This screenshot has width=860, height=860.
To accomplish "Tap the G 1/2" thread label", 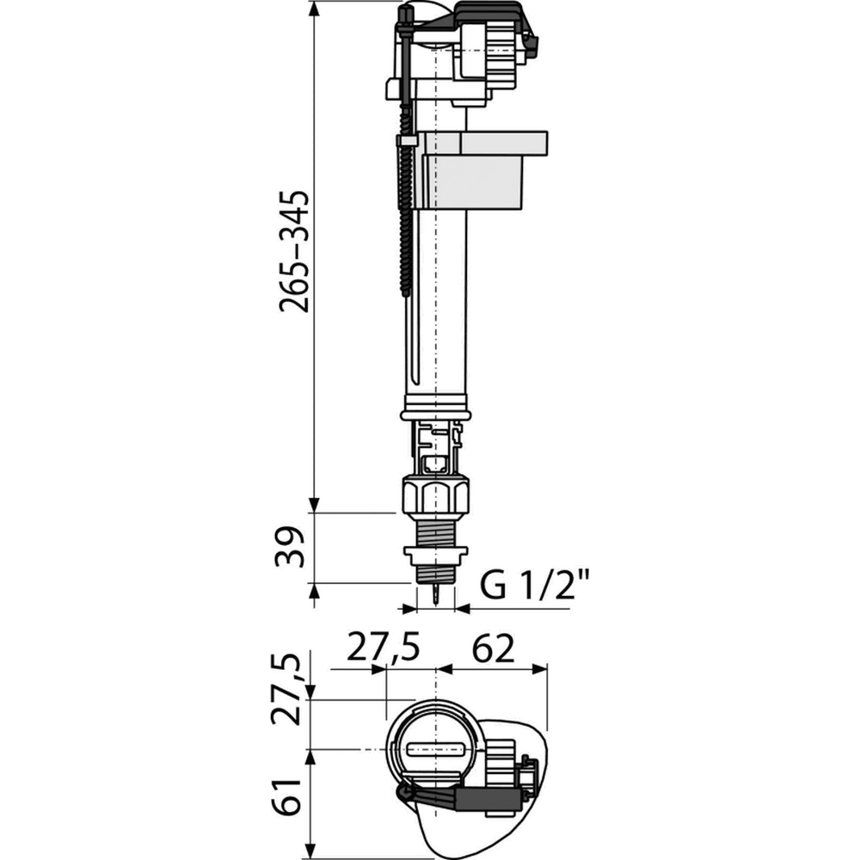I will click(x=533, y=587).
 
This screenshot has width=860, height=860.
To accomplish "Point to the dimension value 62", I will click(x=491, y=648).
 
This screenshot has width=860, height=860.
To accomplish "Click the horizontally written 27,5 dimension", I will click(x=383, y=648).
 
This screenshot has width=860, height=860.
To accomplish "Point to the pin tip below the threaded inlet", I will click(x=439, y=597).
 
